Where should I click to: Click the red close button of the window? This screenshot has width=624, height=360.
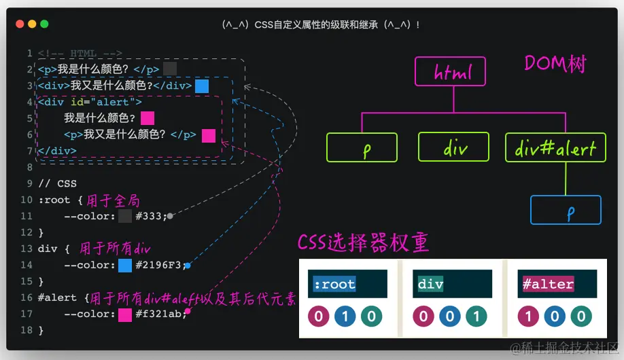point(20,24)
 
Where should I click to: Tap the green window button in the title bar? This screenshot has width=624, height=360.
point(44,24)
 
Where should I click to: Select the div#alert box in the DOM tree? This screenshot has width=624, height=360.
point(555,147)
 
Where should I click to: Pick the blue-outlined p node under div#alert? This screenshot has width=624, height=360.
point(566,210)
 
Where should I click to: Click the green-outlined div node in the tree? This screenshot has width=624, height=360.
point(453,147)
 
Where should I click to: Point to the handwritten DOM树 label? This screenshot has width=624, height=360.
point(555,64)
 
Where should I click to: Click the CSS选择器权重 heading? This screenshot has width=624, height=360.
point(363,242)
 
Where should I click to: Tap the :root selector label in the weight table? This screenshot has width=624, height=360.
point(334,284)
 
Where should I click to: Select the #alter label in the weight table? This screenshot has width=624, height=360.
point(548,284)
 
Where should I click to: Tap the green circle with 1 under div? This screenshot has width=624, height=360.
point(476,317)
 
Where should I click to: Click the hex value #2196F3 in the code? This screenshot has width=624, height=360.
point(159,265)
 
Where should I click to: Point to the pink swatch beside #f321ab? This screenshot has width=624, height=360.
point(125,314)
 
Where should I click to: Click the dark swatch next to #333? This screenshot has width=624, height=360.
point(125,216)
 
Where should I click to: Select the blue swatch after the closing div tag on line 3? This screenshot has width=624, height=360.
point(202,86)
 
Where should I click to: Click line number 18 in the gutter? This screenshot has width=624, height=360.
point(27,330)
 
